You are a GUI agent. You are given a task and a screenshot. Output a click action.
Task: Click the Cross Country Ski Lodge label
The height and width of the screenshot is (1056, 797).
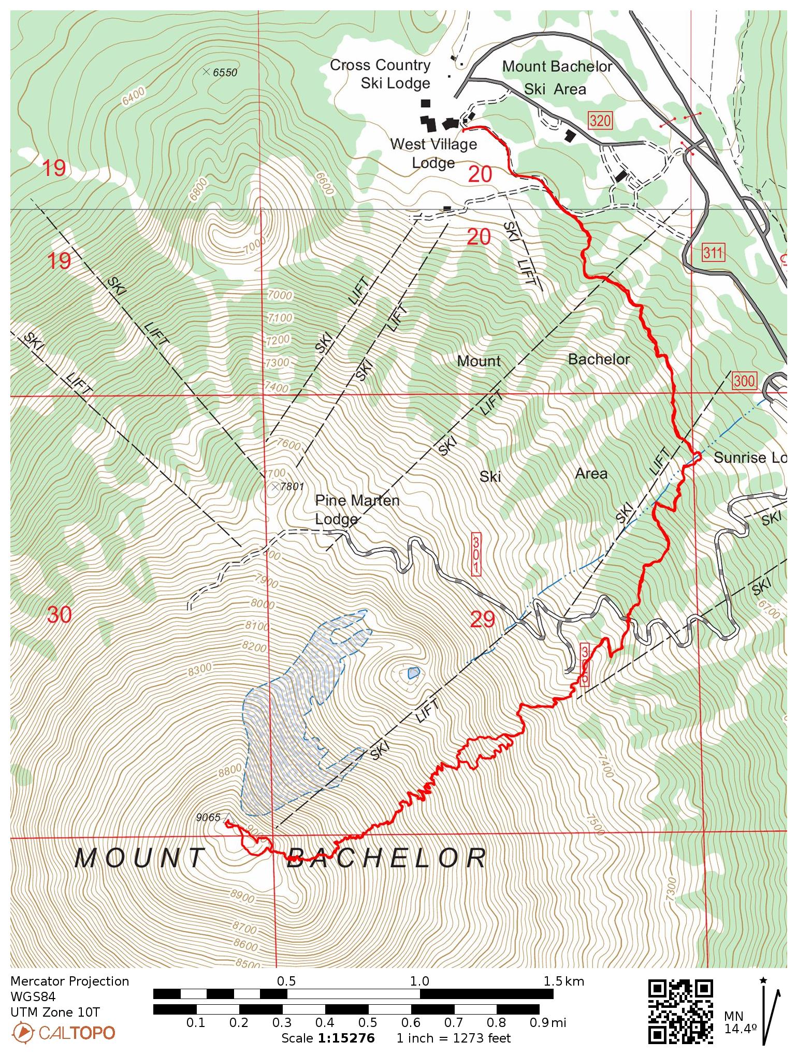381,74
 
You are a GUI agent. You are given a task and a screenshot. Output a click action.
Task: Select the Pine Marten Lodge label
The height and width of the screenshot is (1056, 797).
357,509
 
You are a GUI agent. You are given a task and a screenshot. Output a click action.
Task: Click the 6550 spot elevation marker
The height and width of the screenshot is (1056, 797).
207,72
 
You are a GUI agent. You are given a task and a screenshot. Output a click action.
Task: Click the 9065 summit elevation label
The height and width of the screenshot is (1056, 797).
208,817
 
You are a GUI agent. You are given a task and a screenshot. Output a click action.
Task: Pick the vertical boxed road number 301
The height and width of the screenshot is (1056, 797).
476,553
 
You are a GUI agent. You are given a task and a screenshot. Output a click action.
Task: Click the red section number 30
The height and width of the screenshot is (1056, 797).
59,615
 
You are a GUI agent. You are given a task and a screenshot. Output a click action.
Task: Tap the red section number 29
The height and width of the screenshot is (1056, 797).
482,619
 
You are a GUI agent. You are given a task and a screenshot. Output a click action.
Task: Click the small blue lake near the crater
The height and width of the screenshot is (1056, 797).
413,673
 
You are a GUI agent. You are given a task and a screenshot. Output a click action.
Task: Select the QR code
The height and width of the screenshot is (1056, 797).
680,1011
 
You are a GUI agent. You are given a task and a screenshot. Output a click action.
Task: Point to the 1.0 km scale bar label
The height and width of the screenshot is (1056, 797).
419,981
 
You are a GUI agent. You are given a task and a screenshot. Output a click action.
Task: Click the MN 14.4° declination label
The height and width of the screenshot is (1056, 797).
740,1023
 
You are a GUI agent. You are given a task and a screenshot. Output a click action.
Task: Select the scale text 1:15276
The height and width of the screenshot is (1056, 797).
346,1038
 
